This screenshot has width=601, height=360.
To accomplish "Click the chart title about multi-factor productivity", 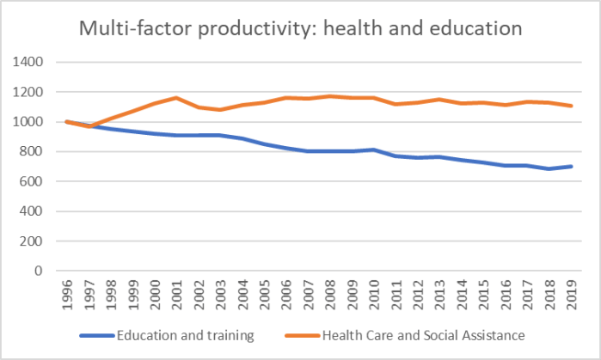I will tap(300, 28).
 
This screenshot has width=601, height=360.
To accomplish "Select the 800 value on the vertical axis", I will tap(33, 152).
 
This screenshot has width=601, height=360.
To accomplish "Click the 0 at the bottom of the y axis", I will tap(40, 271).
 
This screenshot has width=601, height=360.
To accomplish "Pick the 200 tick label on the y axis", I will tap(33, 241).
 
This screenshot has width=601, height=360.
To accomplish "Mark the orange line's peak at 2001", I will tap(175, 98).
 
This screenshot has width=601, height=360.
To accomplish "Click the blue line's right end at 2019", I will tap(571, 167).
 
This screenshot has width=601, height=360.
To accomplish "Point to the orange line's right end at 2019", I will tap(571, 106).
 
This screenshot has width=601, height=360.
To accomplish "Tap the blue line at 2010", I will tap(371, 149).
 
